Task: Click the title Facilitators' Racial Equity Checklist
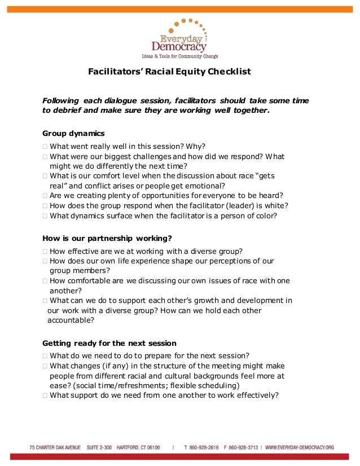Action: point(169,72)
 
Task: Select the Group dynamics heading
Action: point(73,134)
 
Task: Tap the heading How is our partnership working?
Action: point(99,238)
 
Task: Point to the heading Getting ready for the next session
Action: point(109,343)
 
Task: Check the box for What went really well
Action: point(45,146)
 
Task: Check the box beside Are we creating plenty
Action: point(45,195)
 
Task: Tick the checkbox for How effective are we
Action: point(45,251)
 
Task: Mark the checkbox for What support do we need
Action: point(45,395)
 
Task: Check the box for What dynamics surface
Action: point(45,216)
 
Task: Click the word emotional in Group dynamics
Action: point(205,186)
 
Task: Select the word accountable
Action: point(71,320)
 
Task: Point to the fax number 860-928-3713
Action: point(243,447)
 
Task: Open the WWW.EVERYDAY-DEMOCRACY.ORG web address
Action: point(300,447)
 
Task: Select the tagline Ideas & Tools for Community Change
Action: point(179,56)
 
